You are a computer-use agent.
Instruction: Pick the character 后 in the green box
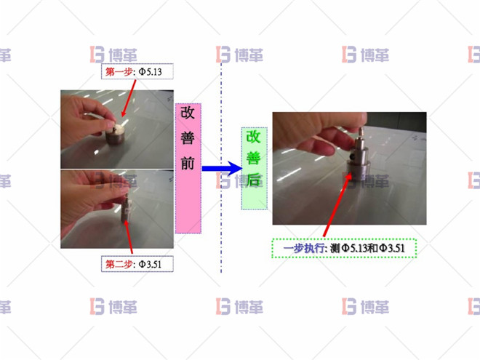point(254,181)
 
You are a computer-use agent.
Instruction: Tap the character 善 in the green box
point(254,159)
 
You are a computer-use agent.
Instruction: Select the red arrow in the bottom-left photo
point(129,233)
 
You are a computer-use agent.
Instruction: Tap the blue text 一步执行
point(304,248)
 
